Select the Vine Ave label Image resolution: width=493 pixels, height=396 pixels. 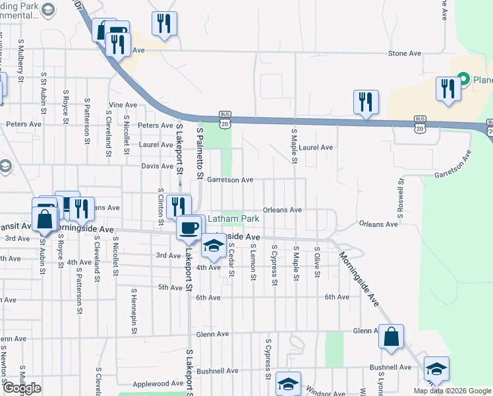123,105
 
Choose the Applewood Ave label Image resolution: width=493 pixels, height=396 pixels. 158,383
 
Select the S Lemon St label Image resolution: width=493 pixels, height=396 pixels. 253,261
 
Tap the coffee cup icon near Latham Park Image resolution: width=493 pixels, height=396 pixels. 190,228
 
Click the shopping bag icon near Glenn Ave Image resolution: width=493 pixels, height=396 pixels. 391,337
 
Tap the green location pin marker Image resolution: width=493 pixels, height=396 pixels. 463,80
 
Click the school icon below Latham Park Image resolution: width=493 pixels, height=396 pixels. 213,246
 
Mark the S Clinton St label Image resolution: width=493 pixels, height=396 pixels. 160,206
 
